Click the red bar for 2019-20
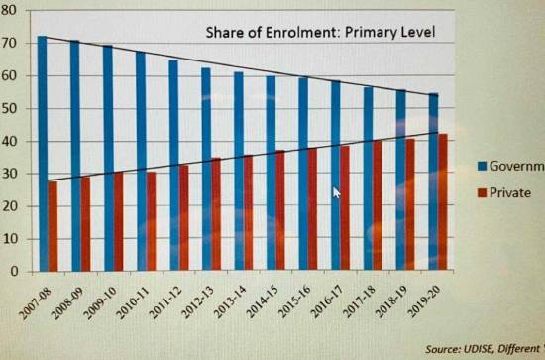[442, 202]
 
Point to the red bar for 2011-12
[183, 218]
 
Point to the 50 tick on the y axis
[11, 108]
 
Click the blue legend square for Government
[480, 166]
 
